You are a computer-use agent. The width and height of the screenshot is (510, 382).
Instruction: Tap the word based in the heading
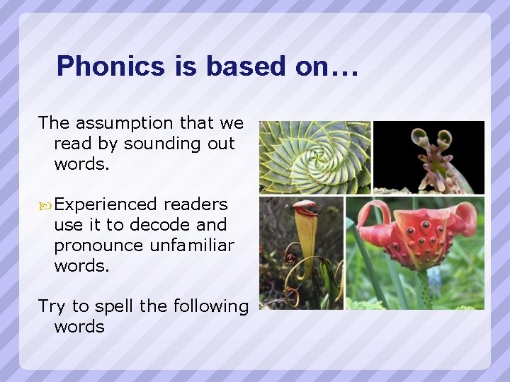click(244, 66)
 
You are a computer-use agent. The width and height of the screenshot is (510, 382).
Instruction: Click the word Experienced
click(106, 204)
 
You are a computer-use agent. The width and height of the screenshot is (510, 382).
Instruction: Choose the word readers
click(195, 204)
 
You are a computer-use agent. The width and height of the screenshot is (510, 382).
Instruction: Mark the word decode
click(165, 225)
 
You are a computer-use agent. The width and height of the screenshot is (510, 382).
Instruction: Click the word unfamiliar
click(192, 245)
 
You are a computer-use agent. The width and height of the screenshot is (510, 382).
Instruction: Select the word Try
click(52, 306)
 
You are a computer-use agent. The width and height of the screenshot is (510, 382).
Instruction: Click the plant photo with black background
click(429, 157)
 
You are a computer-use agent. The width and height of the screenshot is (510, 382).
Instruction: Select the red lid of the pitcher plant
click(305, 207)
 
